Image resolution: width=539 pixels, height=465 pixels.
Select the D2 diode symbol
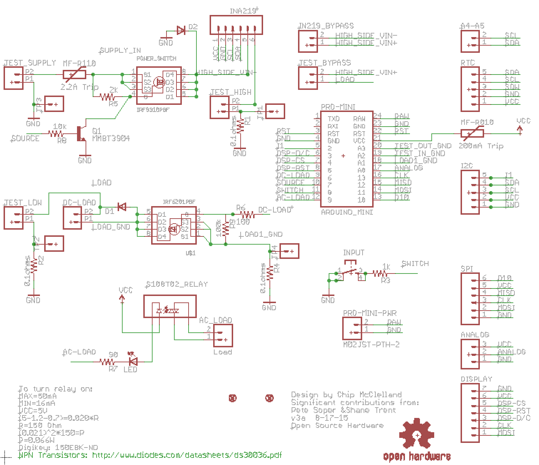(181, 31)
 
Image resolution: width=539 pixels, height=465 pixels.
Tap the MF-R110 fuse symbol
(74, 74)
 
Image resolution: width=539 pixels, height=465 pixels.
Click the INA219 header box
(236, 25)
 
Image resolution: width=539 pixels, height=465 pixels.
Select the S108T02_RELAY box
(170, 306)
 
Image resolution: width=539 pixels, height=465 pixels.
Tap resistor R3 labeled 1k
(380, 274)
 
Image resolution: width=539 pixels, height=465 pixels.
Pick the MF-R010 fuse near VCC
(472, 134)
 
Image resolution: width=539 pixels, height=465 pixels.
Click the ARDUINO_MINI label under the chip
(347, 212)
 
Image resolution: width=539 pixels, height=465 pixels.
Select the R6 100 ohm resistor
(247, 214)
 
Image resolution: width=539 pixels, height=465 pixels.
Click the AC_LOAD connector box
(223, 335)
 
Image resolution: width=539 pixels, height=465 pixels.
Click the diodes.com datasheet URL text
(187, 455)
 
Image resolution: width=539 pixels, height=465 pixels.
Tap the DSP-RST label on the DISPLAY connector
(514, 410)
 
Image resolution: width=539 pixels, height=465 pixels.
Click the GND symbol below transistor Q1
(85, 158)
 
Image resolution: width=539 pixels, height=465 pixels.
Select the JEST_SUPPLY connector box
(13, 78)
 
